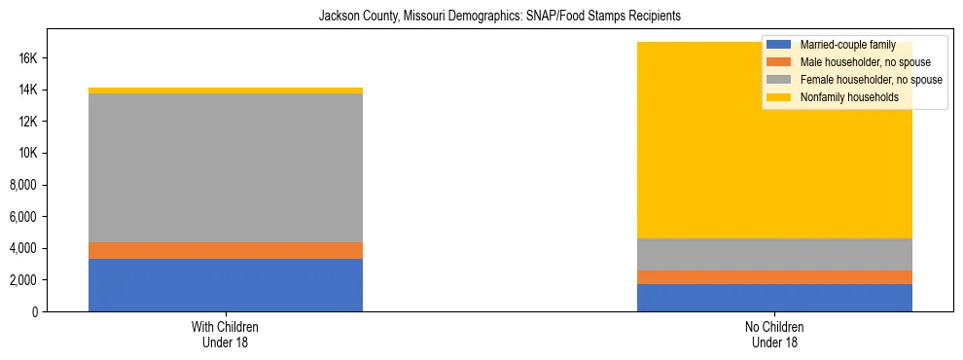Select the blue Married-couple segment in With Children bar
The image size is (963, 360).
click(x=226, y=285)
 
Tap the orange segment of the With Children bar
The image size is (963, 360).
click(x=226, y=250)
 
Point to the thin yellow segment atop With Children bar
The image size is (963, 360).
click(x=226, y=90)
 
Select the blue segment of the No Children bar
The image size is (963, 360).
click(x=774, y=298)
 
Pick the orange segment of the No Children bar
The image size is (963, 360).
click(x=774, y=277)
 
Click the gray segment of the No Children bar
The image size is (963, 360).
click(x=774, y=254)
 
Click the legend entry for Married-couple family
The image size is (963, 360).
click(x=845, y=45)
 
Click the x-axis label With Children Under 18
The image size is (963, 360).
click(x=226, y=335)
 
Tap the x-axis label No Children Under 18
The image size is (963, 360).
click(x=774, y=335)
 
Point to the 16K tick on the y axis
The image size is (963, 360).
click(x=27, y=58)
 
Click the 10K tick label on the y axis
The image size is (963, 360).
click(x=27, y=154)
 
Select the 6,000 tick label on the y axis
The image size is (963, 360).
click(x=23, y=217)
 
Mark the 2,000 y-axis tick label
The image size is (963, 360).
click(x=23, y=280)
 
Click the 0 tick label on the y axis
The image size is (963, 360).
click(x=35, y=312)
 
